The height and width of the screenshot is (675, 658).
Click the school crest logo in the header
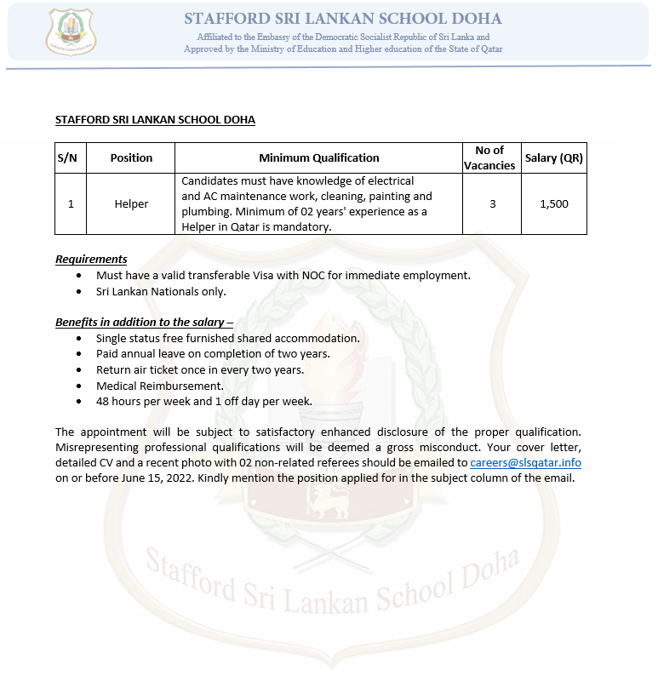(71, 31)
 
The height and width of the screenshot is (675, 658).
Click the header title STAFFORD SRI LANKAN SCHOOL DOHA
(343, 19)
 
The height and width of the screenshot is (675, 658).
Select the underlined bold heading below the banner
(155, 119)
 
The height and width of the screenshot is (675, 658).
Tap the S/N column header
(67, 157)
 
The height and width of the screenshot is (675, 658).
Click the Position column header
(131, 157)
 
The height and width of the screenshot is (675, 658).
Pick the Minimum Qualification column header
(318, 157)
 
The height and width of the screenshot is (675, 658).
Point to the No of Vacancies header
(489, 157)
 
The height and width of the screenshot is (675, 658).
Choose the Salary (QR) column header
(553, 157)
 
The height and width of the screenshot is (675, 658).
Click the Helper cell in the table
(131, 204)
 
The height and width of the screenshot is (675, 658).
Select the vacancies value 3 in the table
(492, 204)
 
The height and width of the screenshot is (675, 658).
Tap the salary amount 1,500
(554, 204)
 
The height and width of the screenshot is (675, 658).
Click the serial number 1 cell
(71, 204)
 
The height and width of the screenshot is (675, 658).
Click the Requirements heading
(91, 259)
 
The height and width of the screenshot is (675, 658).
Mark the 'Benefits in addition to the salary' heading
(144, 322)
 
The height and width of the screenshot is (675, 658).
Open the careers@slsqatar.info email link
(525, 462)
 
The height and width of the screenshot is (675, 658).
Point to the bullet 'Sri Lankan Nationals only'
(161, 291)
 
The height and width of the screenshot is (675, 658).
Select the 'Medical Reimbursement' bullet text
(159, 386)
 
